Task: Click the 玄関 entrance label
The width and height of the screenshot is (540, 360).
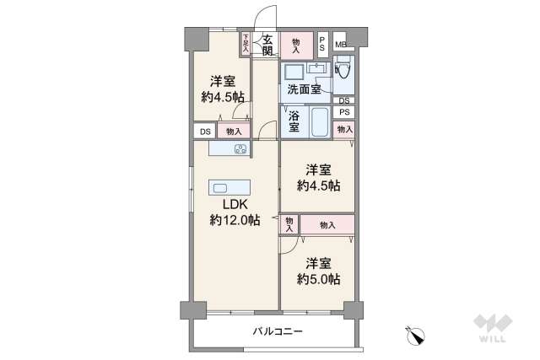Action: (267, 45)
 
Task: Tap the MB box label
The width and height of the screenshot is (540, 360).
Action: (340, 45)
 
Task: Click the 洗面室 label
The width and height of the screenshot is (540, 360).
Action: (303, 88)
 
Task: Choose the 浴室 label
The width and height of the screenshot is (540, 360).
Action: (294, 122)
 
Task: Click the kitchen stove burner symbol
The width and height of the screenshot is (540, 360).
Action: (240, 149)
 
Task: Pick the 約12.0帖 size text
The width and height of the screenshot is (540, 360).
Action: (235, 220)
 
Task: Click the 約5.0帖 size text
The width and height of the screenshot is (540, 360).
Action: (318, 278)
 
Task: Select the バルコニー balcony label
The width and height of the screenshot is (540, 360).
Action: (278, 331)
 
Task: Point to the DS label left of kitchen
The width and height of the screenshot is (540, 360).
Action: (204, 132)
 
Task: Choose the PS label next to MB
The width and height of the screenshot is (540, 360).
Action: (322, 45)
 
